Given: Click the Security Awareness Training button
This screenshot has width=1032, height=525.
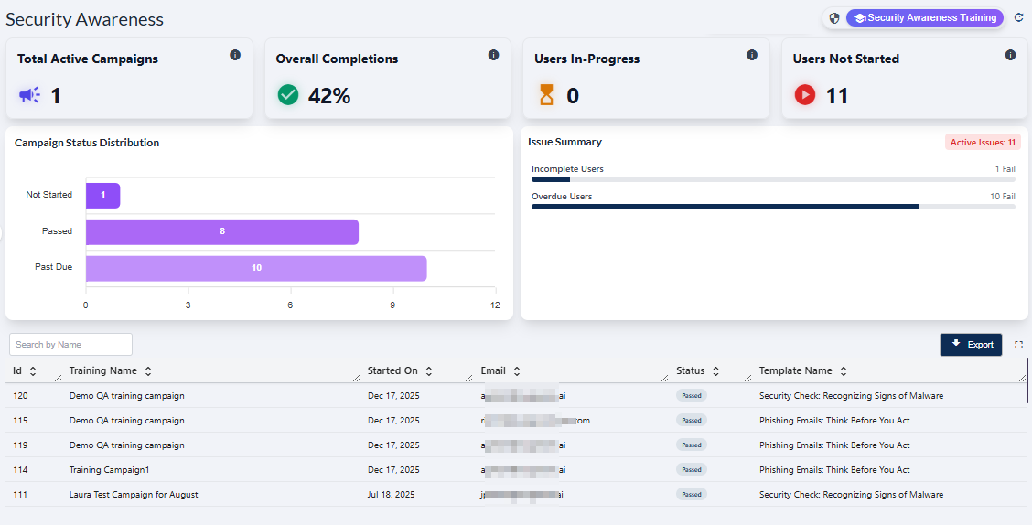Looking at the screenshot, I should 924,17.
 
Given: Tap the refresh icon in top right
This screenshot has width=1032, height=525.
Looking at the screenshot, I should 1019,17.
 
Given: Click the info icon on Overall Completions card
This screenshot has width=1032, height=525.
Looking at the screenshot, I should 493,55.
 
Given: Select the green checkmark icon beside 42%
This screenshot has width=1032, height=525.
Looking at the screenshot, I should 288,94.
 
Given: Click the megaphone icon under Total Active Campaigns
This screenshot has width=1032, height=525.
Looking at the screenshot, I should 29,94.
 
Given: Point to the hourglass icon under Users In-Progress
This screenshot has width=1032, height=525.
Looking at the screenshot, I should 546,94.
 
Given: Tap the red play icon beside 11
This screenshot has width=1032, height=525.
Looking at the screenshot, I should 804,94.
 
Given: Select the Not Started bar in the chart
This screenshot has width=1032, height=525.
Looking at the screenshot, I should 102,195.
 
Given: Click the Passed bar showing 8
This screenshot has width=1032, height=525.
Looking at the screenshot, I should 221,231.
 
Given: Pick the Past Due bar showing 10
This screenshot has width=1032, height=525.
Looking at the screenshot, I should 256,268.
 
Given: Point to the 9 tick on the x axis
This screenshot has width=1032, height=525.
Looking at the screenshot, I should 392,305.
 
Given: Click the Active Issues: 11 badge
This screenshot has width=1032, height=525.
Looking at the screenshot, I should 983,142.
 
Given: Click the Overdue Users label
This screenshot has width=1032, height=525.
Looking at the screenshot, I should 562,196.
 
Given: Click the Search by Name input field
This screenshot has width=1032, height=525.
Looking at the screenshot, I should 70,344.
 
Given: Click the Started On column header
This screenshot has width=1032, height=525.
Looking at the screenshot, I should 392,370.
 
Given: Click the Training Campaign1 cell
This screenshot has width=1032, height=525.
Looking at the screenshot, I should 109,469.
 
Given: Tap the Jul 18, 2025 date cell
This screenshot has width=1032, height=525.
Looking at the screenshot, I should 391,494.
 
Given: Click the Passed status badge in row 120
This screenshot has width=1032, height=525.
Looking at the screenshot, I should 691,396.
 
